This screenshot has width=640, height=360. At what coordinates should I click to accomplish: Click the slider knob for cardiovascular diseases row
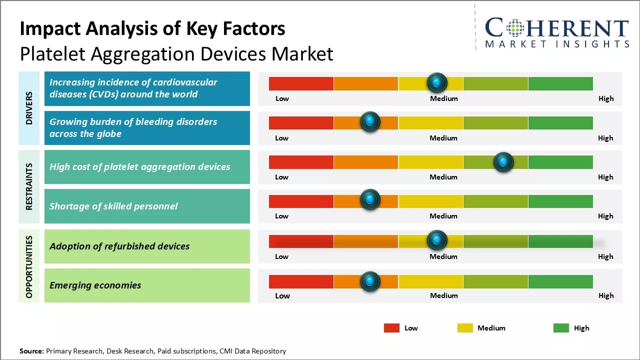[437, 82]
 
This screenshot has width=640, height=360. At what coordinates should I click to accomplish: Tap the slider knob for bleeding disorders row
[370, 122]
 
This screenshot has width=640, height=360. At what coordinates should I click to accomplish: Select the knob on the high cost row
[503, 162]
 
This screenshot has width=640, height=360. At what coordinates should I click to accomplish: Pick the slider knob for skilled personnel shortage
[370, 200]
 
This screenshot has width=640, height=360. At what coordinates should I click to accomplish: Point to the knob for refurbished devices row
[437, 240]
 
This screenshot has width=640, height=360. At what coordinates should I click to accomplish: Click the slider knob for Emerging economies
[370, 281]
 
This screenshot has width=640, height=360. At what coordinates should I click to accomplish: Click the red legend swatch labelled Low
[391, 328]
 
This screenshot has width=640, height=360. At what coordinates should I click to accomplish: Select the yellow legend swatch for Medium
[465, 328]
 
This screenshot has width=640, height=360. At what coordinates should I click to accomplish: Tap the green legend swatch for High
[561, 328]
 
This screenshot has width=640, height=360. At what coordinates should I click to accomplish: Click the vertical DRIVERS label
[29, 108]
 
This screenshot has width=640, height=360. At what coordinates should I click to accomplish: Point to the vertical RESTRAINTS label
[29, 186]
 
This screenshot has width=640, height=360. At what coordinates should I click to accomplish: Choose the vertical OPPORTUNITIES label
[29, 266]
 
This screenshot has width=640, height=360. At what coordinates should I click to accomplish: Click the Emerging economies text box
[147, 285]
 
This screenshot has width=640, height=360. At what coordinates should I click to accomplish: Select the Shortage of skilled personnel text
[113, 206]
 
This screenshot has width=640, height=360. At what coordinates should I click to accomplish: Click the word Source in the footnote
[31, 351]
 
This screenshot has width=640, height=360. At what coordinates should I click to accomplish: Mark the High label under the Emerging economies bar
[606, 295]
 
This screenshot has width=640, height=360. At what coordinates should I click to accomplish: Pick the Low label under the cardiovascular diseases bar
[282, 98]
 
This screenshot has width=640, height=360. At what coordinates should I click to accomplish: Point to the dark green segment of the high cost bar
[560, 162]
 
